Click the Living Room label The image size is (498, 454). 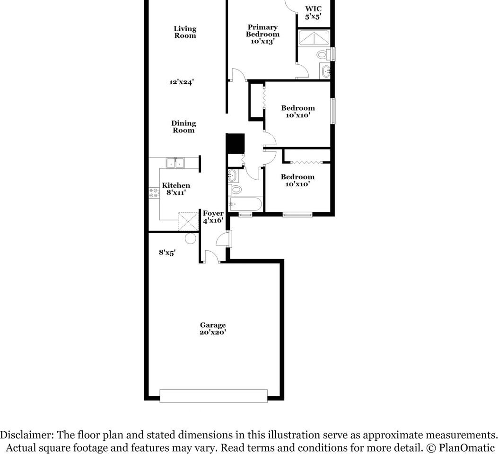pyautogui.click(x=185, y=32)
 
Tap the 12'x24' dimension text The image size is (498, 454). pyautogui.click(x=181, y=82)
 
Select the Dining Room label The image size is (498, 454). pyautogui.click(x=183, y=126)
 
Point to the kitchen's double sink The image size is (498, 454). pyautogui.click(x=175, y=163)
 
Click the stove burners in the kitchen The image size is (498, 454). pyautogui.click(x=154, y=192)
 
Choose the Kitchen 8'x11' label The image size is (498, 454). pyautogui.click(x=176, y=189)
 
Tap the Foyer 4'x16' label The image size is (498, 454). pyautogui.click(x=213, y=217)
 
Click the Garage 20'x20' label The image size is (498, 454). pyautogui.click(x=213, y=328)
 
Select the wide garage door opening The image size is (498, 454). pyautogui.click(x=213, y=396)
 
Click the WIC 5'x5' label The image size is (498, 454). pyautogui.click(x=313, y=13)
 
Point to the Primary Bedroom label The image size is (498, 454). pyautogui.click(x=262, y=34)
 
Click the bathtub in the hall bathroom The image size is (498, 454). pyautogui.click(x=245, y=204)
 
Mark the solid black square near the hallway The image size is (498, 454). pyautogui.click(x=235, y=143)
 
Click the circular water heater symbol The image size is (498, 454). pyautogui.click(x=190, y=238)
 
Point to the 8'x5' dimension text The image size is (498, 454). pyautogui.click(x=167, y=253)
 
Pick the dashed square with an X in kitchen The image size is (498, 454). pyautogui.click(x=188, y=221)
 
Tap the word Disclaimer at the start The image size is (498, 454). pyautogui.click(x=26, y=435)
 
